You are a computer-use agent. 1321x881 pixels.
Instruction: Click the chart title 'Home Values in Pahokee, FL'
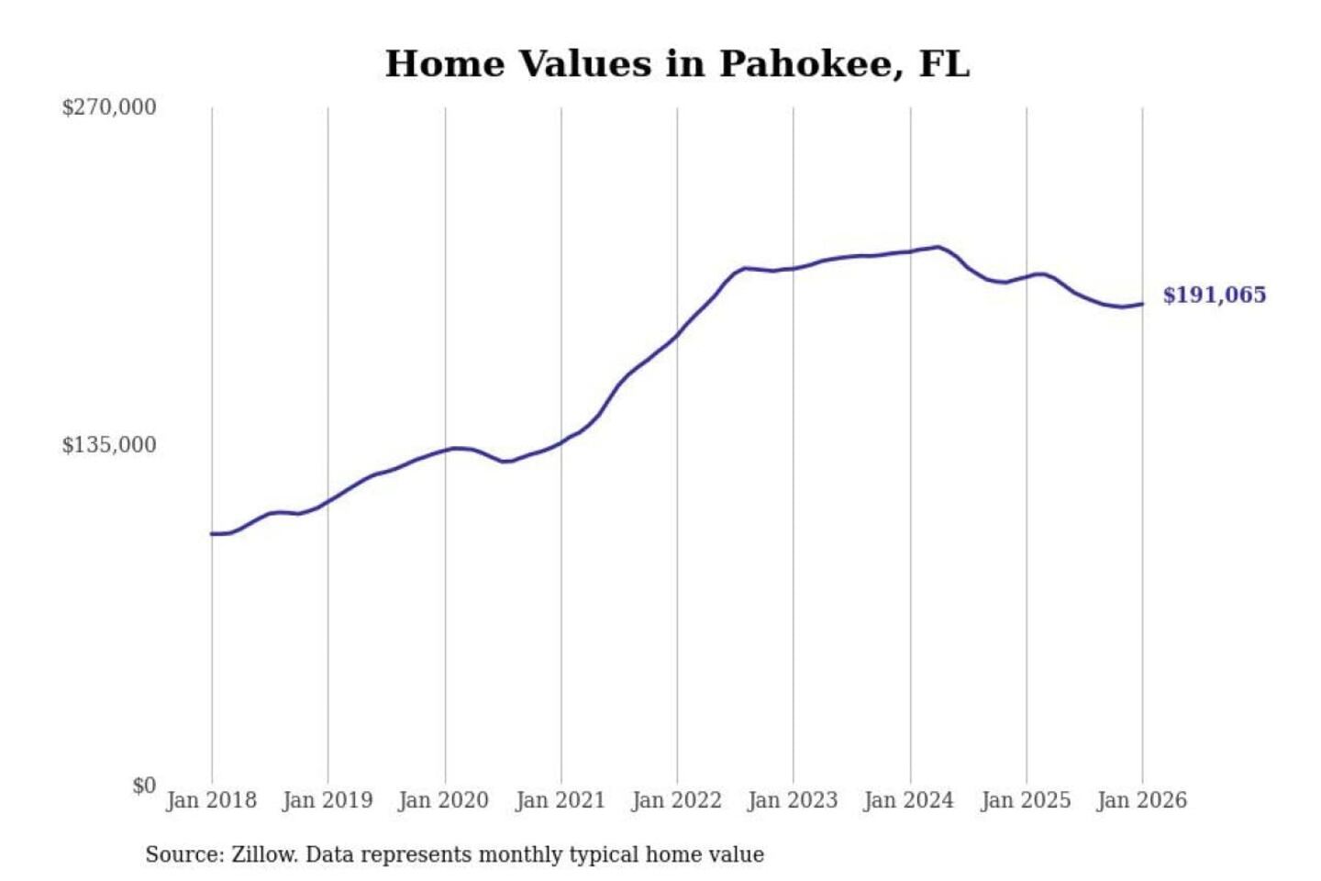pyautogui.click(x=677, y=63)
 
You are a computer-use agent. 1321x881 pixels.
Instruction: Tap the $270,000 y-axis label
pyautogui.click(x=109, y=107)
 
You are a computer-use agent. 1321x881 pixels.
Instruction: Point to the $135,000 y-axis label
pyautogui.click(x=109, y=445)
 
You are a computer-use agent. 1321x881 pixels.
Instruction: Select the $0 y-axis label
pyautogui.click(x=144, y=786)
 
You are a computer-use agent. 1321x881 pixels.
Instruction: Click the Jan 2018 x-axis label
pyautogui.click(x=211, y=800)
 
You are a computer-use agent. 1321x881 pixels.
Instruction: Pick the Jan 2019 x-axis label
pyautogui.click(x=327, y=800)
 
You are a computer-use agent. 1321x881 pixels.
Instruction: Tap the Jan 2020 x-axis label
pyautogui.click(x=444, y=800)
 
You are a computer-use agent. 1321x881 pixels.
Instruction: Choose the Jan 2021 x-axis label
pyautogui.click(x=561, y=800)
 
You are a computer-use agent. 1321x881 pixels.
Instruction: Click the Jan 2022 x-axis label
pyautogui.click(x=677, y=800)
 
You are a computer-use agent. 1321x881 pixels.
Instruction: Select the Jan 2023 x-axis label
pyautogui.click(x=794, y=800)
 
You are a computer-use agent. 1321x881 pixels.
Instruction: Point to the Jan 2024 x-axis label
pyautogui.click(x=909, y=800)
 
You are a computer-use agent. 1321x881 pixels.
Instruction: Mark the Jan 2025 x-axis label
pyautogui.click(x=1026, y=800)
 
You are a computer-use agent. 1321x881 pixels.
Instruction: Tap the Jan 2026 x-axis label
pyautogui.click(x=1142, y=800)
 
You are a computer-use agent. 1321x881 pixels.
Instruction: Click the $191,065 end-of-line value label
pyautogui.click(x=1215, y=295)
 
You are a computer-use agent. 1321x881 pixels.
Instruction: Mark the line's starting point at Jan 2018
pyautogui.click(x=212, y=533)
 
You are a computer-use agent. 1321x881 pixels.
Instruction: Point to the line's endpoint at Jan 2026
pyautogui.click(x=1142, y=304)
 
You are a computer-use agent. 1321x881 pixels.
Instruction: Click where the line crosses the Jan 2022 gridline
pyautogui.click(x=678, y=334)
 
